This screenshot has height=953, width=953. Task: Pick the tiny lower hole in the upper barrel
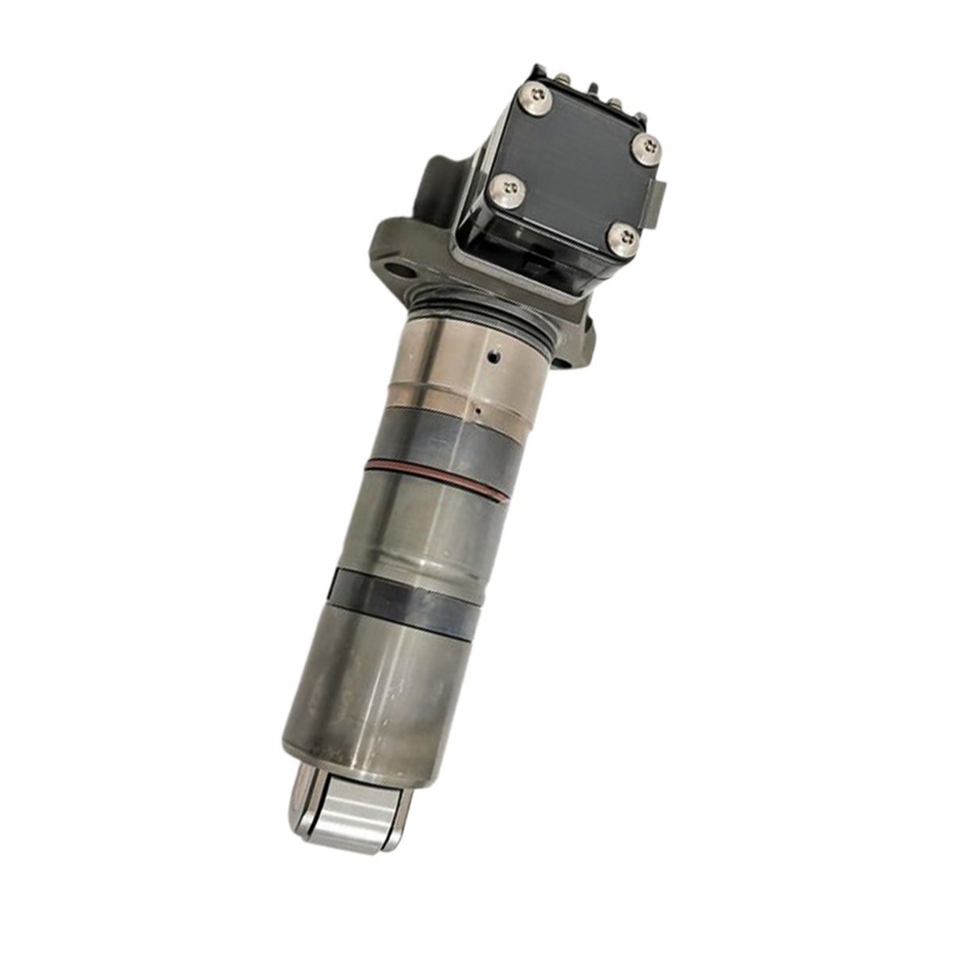pos(477,411)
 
